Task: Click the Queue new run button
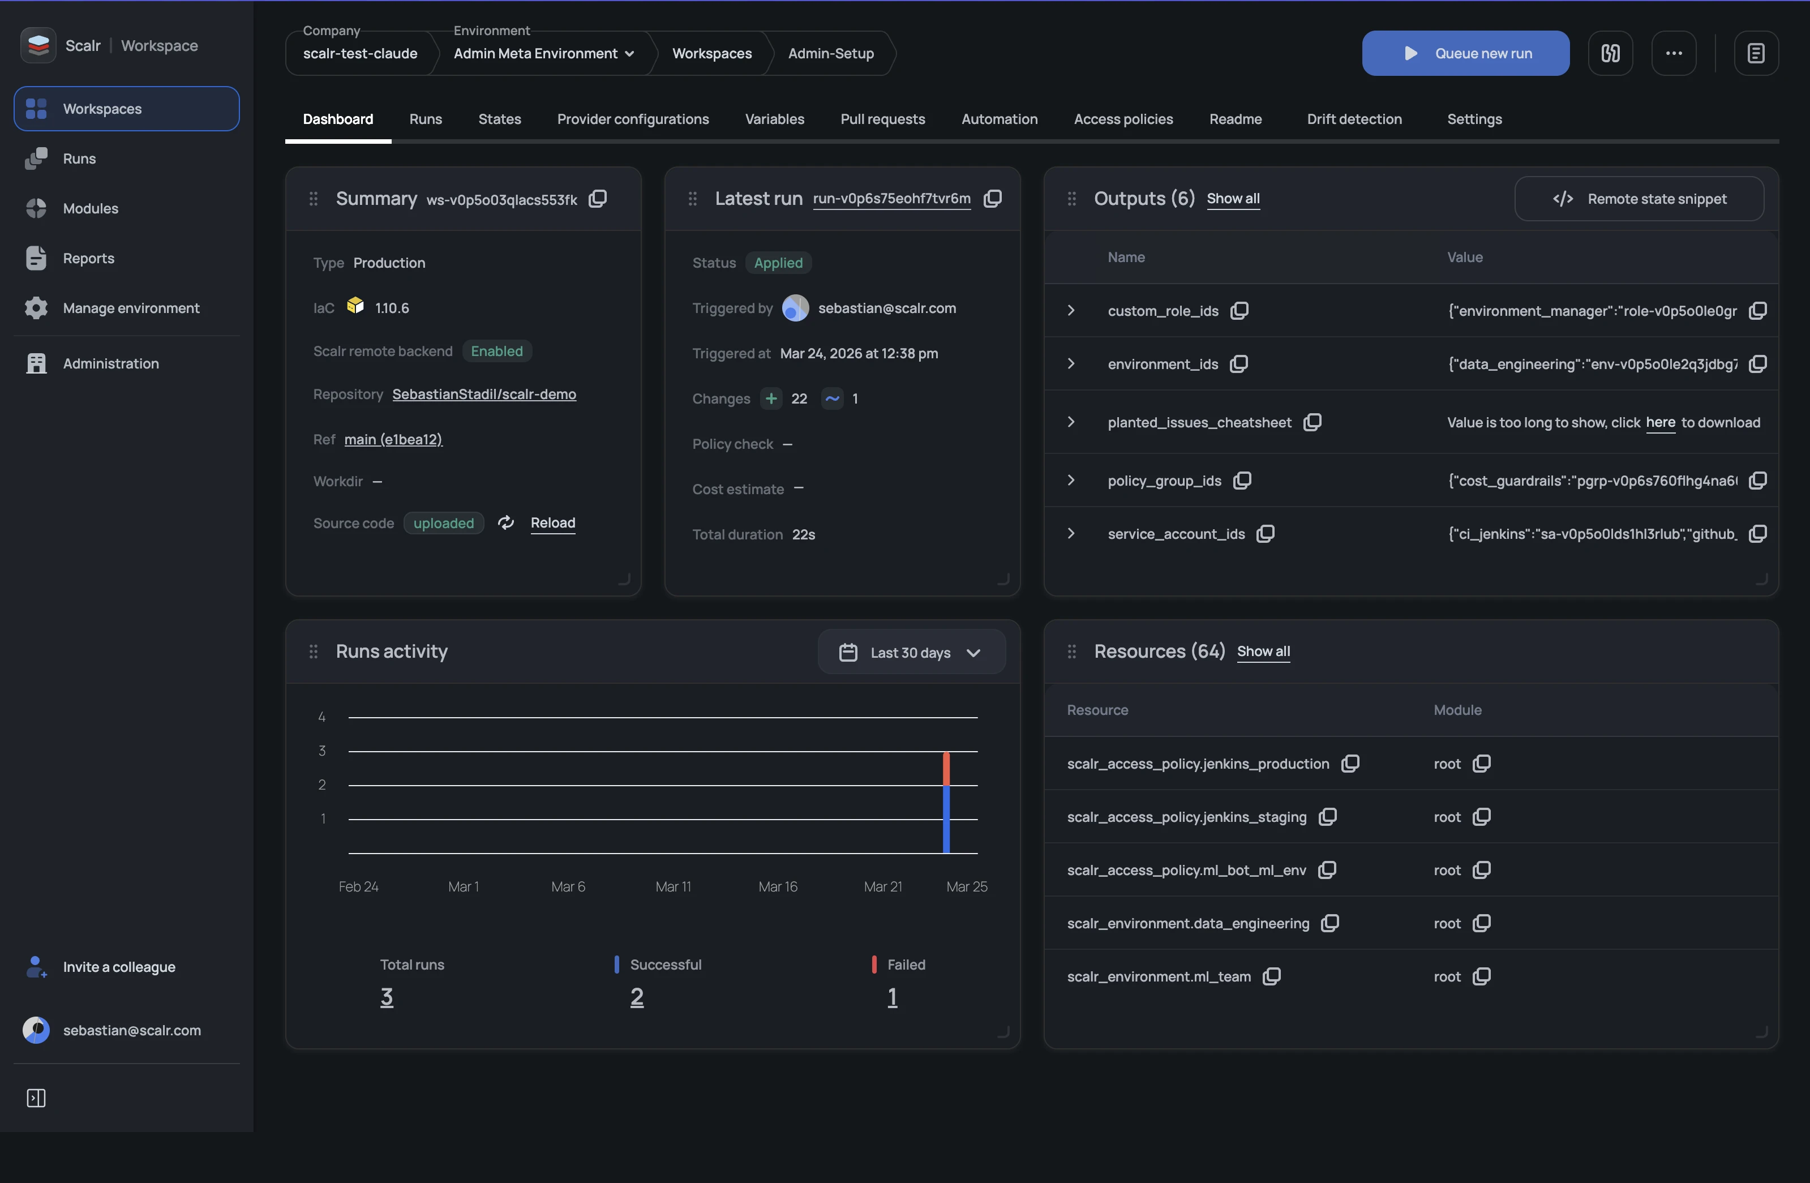coord(1465,53)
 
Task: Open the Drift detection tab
coord(1354,119)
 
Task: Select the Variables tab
coord(774,119)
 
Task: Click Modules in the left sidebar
coord(90,208)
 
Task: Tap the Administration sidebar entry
coord(110,363)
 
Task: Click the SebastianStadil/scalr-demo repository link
coord(484,394)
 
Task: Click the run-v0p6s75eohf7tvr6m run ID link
coord(891,199)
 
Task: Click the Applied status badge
coord(778,263)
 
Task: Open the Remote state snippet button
coord(1639,199)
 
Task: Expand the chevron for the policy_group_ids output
coord(1071,481)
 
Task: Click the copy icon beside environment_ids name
coord(1239,363)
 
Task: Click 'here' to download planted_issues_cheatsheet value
coord(1660,422)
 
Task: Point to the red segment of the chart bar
coord(946,768)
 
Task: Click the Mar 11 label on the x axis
coord(673,886)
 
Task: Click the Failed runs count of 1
coord(892,997)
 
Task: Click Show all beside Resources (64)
coord(1263,651)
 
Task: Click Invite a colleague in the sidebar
coord(119,967)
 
